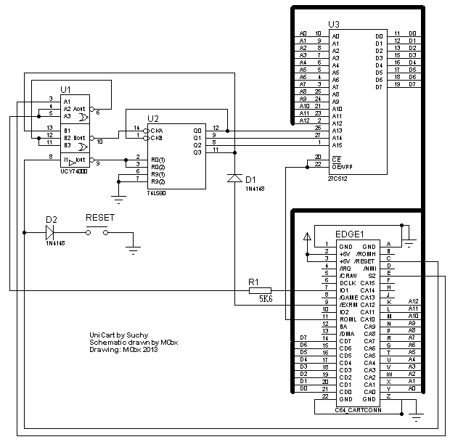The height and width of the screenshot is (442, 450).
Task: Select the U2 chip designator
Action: point(153,118)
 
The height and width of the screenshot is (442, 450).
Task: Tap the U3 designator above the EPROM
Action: point(334,24)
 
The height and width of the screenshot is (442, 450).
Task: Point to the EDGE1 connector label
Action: point(349,234)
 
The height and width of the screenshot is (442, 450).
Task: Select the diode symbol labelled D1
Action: point(233,176)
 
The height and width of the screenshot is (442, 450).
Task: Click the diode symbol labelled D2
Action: point(51,232)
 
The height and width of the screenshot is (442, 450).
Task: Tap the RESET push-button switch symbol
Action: point(97,232)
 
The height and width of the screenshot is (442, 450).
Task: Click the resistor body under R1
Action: point(260,290)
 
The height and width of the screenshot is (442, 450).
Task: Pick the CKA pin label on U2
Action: point(156,130)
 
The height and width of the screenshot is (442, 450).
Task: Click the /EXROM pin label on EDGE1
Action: point(348,305)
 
